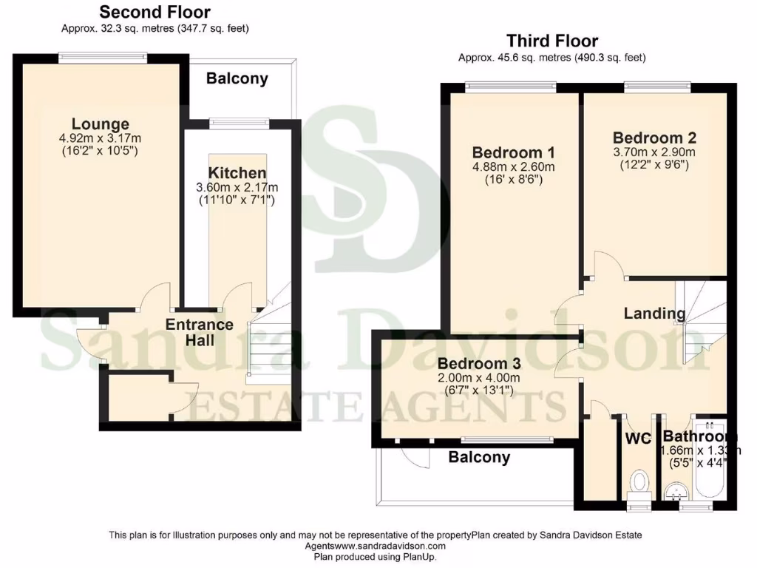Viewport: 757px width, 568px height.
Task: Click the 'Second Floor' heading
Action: [x=155, y=12]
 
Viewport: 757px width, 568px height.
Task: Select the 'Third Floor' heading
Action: [x=551, y=41]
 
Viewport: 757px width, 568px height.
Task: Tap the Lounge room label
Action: [x=101, y=124]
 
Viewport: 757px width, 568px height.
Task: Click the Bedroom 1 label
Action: [x=514, y=152]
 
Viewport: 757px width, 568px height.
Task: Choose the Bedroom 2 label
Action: [x=654, y=138]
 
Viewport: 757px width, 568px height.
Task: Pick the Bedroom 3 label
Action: [x=479, y=364]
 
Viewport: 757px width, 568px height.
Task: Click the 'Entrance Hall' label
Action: [x=199, y=332]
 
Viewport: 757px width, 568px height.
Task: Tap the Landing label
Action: [x=654, y=314]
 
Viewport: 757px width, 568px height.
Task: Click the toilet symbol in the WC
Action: [x=637, y=484]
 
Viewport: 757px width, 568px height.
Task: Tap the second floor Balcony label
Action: [x=237, y=78]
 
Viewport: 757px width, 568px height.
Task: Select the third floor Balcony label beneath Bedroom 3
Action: [x=479, y=458]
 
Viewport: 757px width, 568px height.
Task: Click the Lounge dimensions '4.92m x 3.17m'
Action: [x=101, y=138]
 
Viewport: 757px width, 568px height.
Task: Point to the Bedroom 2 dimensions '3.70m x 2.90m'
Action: [x=654, y=152]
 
